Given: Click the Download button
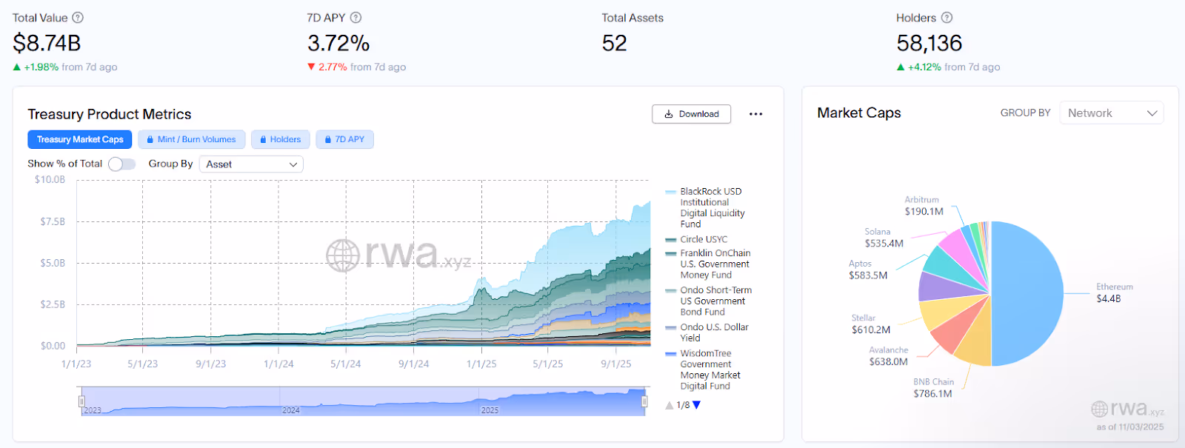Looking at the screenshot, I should [691, 114].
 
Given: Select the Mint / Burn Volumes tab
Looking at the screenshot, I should [191, 139].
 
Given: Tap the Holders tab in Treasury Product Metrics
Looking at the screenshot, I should [280, 139].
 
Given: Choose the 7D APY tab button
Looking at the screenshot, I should [344, 139].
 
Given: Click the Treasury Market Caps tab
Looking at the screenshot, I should [80, 139].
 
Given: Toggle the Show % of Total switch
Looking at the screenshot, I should [121, 164].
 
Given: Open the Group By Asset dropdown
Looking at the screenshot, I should [251, 164].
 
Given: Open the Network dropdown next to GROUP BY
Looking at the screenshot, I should [1111, 113].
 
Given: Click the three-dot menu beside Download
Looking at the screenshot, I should [755, 114].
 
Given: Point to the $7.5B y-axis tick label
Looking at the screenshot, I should [53, 221].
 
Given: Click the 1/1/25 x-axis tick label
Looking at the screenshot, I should [481, 364].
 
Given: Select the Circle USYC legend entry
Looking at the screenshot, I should [703, 239].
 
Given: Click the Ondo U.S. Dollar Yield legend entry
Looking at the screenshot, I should [714, 332].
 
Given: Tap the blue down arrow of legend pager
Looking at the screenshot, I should [696, 405].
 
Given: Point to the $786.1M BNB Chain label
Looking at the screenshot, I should [932, 393].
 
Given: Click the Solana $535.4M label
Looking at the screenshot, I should [884, 243].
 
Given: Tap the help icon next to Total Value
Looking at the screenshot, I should [78, 18].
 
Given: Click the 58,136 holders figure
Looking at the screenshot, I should [929, 43].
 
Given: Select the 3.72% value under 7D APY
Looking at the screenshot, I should [338, 43].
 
